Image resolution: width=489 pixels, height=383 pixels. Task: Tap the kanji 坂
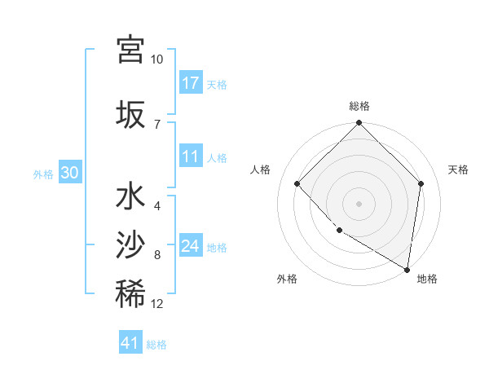pos(130,113)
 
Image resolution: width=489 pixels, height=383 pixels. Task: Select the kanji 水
pos(130,198)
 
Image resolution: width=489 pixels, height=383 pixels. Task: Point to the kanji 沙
pos(130,245)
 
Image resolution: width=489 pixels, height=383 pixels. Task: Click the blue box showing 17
pos(191,83)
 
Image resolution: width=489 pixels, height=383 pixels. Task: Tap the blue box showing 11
pos(191,157)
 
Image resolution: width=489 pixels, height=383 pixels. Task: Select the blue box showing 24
pos(191,245)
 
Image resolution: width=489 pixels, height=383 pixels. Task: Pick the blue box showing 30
pos(70,173)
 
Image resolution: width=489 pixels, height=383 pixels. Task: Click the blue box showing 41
pos(130,343)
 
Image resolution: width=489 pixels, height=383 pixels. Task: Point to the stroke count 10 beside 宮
pos(156,60)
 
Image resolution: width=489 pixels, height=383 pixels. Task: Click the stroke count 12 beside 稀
pos(156,304)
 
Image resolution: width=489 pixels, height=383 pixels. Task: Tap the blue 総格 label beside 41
pos(156,345)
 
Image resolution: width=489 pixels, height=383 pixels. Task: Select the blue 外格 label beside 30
pos(43,174)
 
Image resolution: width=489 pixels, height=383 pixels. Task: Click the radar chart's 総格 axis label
pos(359,106)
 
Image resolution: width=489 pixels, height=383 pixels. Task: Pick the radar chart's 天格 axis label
pos(459,169)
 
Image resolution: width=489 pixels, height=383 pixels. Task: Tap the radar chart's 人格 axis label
pos(260,169)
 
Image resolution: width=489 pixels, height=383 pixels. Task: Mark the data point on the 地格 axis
pos(407,269)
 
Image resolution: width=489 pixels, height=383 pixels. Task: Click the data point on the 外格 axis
pos(339,231)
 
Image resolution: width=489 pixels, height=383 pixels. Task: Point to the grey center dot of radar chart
pos(359,203)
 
